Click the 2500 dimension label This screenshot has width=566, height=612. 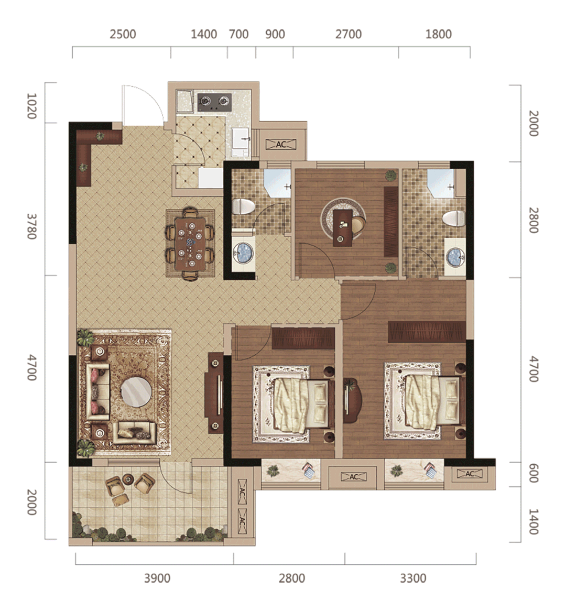click(x=123, y=35)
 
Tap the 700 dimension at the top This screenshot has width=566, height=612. click(x=238, y=35)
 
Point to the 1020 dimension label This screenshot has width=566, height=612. click(x=31, y=106)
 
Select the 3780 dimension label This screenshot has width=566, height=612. click(x=31, y=226)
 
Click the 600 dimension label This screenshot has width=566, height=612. click(x=534, y=474)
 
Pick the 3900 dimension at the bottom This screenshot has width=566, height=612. click(x=157, y=578)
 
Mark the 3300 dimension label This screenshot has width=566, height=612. click(x=413, y=578)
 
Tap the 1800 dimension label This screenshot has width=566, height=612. click(x=438, y=35)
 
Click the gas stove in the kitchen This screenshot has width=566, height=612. click(x=214, y=102)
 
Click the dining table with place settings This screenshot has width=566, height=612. click(x=190, y=244)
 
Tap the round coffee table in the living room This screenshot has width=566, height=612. click(x=136, y=391)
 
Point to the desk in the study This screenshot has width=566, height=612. click(x=343, y=228)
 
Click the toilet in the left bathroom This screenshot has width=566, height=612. click(x=243, y=206)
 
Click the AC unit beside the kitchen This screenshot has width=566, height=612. click(x=281, y=145)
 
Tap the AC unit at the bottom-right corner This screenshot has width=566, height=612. click(x=470, y=474)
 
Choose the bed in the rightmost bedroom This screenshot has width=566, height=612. click(x=426, y=402)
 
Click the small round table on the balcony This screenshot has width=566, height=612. click(x=128, y=478)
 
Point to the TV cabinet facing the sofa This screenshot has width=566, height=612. click(x=215, y=393)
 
